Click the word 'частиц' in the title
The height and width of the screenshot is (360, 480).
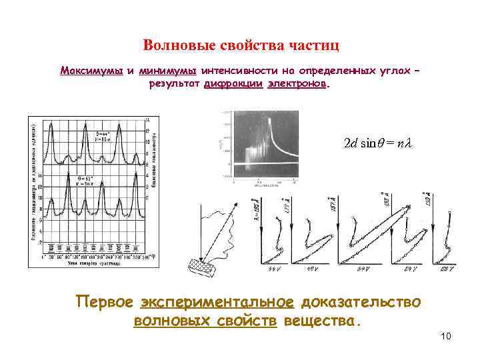[x=315, y=45]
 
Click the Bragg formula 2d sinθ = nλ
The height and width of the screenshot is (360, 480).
[x=379, y=143]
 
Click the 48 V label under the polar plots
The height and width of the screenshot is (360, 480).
[x=312, y=268]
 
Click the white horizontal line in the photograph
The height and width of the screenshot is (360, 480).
[x=267, y=162]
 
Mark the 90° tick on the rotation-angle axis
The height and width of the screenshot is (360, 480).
[x=65, y=256]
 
